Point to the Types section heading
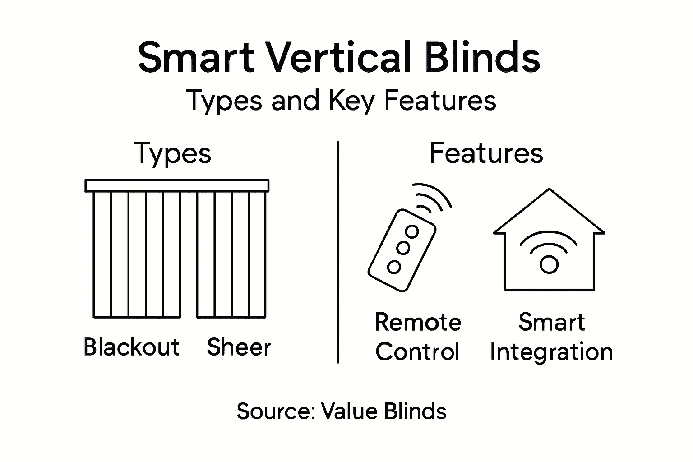click(x=173, y=154)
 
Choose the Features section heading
click(x=486, y=153)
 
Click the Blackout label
click(x=131, y=347)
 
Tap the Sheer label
click(x=239, y=347)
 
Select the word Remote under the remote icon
click(x=418, y=322)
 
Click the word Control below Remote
click(x=417, y=352)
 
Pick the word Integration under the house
click(x=551, y=352)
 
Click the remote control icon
click(x=402, y=249)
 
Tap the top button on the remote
click(x=411, y=232)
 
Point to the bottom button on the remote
click(x=394, y=267)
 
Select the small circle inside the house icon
click(x=549, y=264)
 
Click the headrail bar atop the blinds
click(x=177, y=185)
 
